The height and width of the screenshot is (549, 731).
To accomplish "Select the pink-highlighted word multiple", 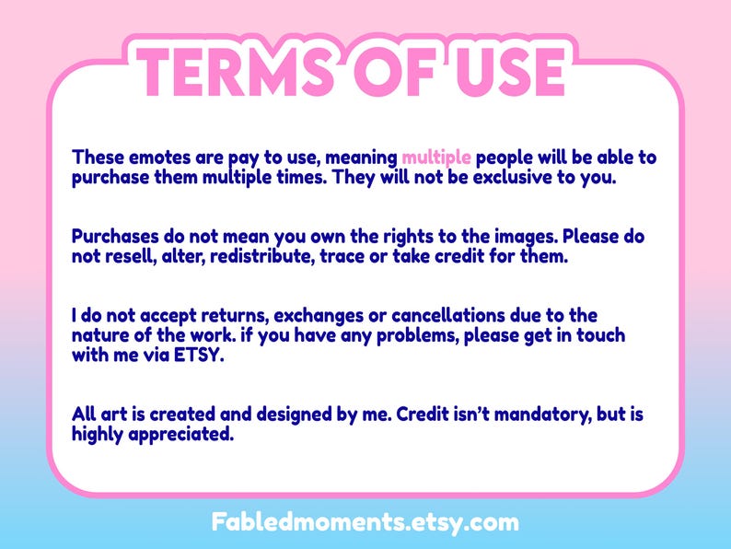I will point(436,157).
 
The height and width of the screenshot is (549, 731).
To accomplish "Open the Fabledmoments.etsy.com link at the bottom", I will point(365,522).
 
